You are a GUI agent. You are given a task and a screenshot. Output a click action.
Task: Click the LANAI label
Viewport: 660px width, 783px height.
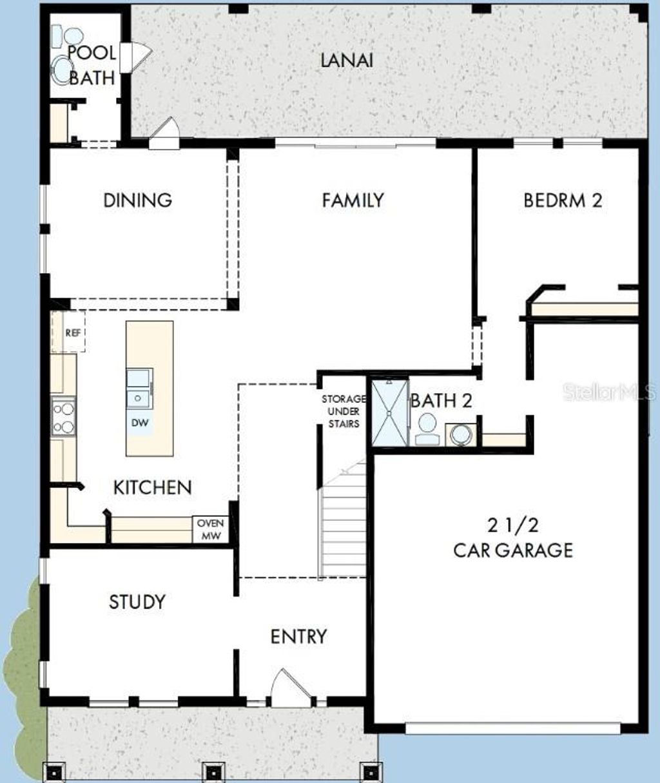[x=347, y=60]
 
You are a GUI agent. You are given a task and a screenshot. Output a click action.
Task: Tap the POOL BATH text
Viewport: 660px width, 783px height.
[x=92, y=65]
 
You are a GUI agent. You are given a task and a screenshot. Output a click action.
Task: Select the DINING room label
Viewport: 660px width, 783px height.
[x=137, y=200]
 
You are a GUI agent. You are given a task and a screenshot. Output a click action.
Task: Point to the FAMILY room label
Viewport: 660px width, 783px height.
[x=353, y=200]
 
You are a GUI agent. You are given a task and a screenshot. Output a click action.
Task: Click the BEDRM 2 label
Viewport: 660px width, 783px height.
[x=563, y=200]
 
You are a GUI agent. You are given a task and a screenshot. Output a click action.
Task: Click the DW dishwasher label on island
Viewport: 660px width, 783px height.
[x=140, y=423]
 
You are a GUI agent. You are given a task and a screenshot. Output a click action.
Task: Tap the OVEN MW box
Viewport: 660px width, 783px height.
[x=210, y=529]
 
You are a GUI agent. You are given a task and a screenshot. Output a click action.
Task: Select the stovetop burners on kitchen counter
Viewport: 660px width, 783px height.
[x=63, y=418]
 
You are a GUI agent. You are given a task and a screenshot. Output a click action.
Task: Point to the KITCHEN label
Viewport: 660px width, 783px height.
[x=152, y=487]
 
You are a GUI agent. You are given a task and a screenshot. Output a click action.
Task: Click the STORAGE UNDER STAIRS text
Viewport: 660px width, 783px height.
[x=344, y=411]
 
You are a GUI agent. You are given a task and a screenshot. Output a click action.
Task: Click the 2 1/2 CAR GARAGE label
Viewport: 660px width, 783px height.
[x=512, y=537]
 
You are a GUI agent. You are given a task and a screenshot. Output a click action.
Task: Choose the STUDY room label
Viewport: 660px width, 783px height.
[x=137, y=602]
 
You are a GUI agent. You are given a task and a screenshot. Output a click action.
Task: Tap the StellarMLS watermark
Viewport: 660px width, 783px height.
[x=610, y=391]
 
